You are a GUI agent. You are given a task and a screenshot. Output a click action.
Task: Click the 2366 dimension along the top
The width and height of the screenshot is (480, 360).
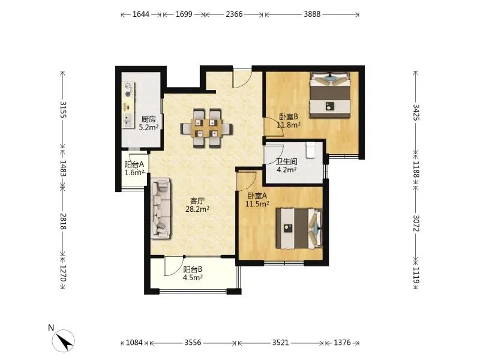(234, 14)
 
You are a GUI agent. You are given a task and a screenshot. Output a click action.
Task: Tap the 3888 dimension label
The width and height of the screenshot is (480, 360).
(312, 14)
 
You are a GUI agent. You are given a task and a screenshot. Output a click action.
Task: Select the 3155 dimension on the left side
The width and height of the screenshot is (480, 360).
(63, 110)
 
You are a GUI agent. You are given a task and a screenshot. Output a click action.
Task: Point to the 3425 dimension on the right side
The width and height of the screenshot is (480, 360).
(416, 112)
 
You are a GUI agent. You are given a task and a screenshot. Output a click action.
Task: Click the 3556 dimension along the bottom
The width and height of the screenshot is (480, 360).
(193, 343)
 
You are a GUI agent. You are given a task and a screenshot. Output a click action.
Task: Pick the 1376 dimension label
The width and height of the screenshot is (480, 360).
(342, 343)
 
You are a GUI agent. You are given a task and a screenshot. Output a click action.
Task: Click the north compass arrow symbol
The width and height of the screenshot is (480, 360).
(64, 340)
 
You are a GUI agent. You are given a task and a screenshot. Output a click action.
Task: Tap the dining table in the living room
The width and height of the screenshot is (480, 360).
(206, 128)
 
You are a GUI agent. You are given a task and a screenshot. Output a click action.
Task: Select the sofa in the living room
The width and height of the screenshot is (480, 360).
(161, 208)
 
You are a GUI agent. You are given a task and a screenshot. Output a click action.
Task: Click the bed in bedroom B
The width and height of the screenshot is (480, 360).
(329, 95)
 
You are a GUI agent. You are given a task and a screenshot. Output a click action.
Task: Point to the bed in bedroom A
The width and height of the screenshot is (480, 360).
(299, 229)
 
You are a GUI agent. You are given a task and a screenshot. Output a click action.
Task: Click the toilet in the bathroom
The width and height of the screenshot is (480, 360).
(310, 149)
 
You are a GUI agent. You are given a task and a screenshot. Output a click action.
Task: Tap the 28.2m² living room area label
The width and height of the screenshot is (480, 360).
(197, 209)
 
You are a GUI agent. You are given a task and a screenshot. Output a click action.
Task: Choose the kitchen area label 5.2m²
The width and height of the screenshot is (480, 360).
(149, 127)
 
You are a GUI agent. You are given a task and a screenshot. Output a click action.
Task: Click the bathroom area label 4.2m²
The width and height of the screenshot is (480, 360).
(287, 170)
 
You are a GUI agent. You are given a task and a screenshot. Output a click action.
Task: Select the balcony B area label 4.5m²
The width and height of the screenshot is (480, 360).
(193, 278)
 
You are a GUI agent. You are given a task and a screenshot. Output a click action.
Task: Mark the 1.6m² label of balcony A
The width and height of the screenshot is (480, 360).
(134, 173)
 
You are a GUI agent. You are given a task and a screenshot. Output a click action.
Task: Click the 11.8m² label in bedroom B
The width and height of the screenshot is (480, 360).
(289, 125)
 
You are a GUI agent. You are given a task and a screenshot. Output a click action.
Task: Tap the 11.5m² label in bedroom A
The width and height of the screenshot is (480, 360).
(257, 204)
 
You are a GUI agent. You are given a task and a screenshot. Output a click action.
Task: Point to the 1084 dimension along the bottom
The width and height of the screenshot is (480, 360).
(134, 343)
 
